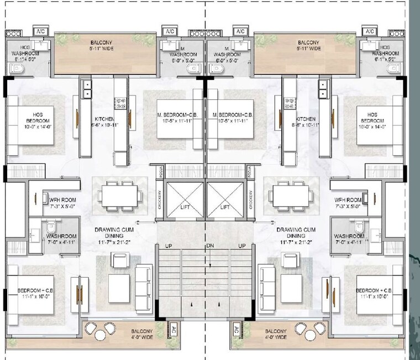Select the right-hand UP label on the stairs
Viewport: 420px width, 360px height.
click(242, 245)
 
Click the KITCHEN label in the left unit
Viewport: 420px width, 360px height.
click(104, 119)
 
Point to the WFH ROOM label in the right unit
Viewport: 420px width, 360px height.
click(348, 199)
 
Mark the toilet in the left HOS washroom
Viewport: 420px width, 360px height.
click(17, 69)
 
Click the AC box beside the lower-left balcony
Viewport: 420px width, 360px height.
click(174, 330)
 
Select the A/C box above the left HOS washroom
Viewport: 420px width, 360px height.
click(41, 31)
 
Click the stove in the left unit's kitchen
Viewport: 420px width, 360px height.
click(120, 102)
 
